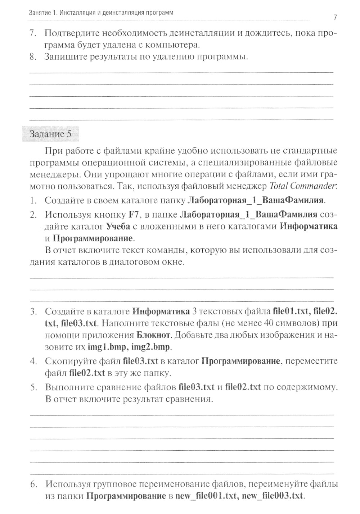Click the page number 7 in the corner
point(335,18)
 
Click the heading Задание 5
point(50,134)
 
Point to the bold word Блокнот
point(153,335)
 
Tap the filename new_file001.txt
point(207,496)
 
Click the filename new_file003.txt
point(273,496)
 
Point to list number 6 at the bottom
point(33,485)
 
